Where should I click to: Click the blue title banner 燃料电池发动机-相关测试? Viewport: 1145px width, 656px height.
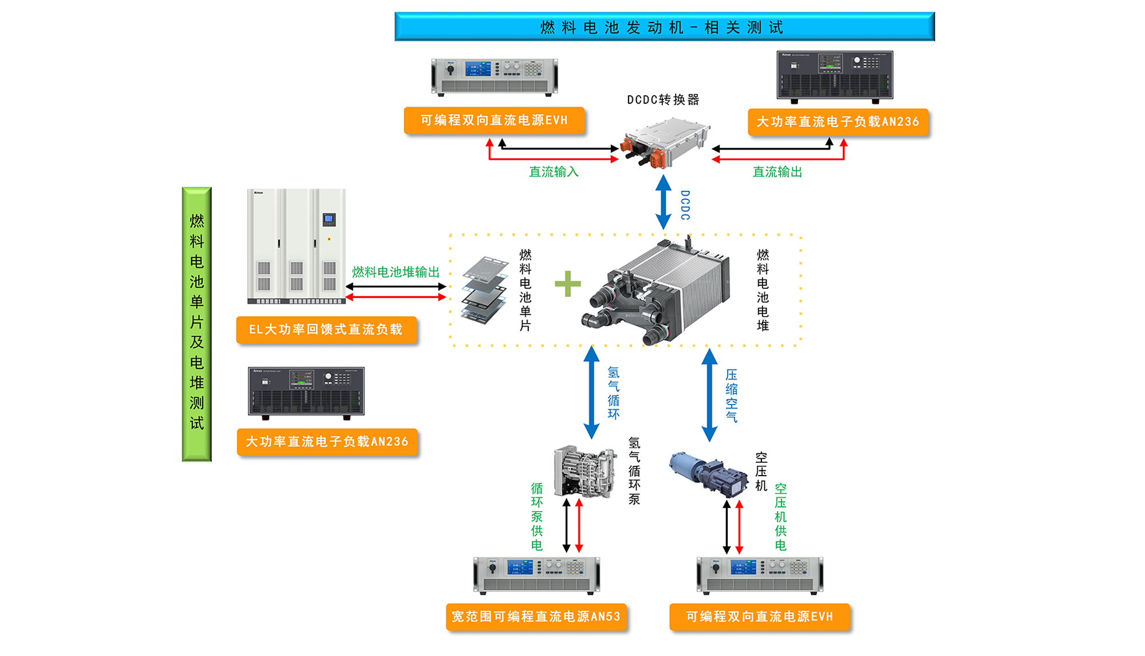click(x=664, y=27)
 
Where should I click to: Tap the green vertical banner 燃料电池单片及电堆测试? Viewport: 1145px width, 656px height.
click(x=197, y=324)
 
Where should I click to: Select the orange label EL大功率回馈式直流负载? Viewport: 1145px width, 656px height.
click(x=326, y=330)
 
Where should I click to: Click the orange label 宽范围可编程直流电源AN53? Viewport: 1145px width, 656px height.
click(x=536, y=617)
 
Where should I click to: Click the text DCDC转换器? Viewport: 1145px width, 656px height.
click(x=663, y=100)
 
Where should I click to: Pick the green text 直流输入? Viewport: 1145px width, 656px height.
click(x=554, y=172)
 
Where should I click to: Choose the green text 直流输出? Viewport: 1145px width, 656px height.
click(x=777, y=172)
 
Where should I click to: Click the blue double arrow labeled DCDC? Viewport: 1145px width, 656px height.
click(x=664, y=202)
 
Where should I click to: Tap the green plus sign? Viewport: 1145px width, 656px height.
click(x=568, y=284)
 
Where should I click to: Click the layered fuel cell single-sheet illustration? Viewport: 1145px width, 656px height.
click(x=484, y=290)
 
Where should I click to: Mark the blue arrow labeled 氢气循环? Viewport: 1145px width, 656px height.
click(x=591, y=392)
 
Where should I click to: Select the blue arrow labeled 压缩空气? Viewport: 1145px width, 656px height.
click(x=710, y=395)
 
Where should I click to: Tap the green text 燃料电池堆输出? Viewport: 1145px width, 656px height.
click(x=396, y=272)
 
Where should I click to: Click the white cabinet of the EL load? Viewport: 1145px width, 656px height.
click(x=297, y=245)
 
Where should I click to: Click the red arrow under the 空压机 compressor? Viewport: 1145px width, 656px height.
click(x=740, y=527)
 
